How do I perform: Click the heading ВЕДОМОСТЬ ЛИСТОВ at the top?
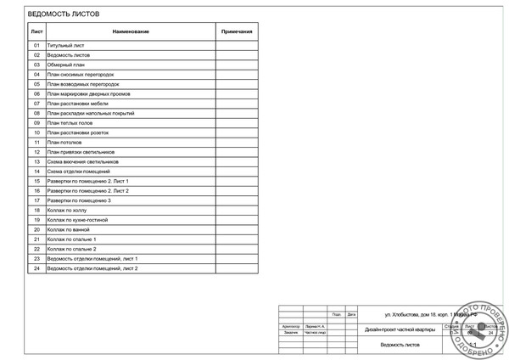pyautogui.click(x=63, y=14)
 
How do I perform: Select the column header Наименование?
pyautogui.click(x=130, y=31)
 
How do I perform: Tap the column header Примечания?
pyautogui.click(x=237, y=31)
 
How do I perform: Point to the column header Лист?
pyautogui.click(x=36, y=31)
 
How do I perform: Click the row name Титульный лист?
pyautogui.click(x=65, y=45)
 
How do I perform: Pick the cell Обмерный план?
pyautogui.click(x=66, y=65)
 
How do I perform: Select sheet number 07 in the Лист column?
pyautogui.click(x=36, y=104)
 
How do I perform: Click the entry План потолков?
pyautogui.click(x=67, y=143)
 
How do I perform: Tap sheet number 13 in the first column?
pyautogui.click(x=36, y=161)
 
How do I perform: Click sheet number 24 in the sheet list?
pyautogui.click(x=36, y=268)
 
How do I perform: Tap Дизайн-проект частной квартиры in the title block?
pyautogui.click(x=400, y=329)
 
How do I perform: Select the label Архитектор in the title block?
pyautogui.click(x=291, y=326)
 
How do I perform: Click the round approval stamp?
pyautogui.click(x=483, y=329)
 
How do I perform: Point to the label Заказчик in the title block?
pyautogui.click(x=291, y=332)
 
